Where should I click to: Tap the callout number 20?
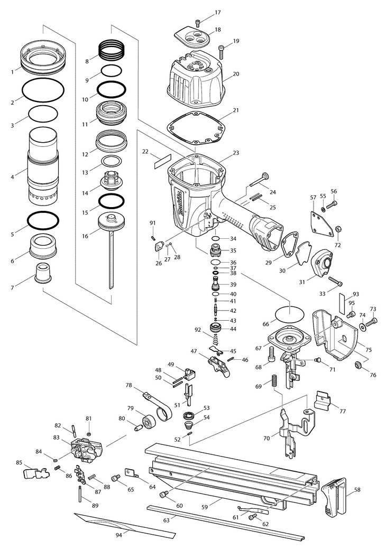[236, 73]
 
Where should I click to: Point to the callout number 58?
[357, 490]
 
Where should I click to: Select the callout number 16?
[85, 236]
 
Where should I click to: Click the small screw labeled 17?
[198, 23]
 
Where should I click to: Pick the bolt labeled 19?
[221, 53]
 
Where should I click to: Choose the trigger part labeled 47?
[219, 367]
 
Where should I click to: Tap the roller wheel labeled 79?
[149, 422]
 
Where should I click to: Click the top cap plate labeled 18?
[192, 37]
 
